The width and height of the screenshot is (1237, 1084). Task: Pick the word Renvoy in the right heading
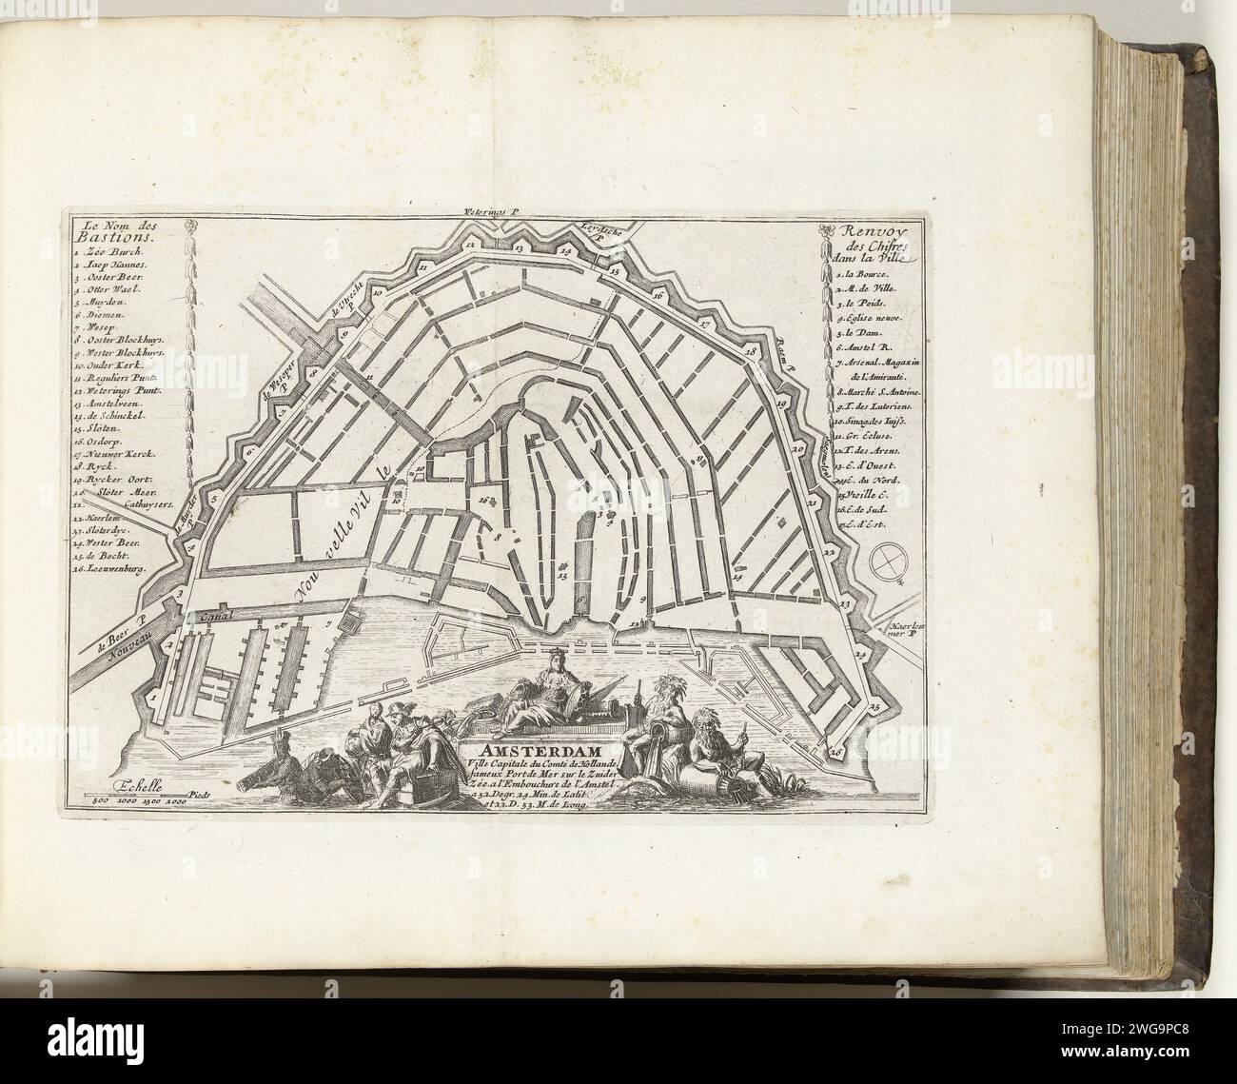click(x=866, y=230)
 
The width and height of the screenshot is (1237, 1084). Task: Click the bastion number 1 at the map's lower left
click(x=150, y=697)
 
